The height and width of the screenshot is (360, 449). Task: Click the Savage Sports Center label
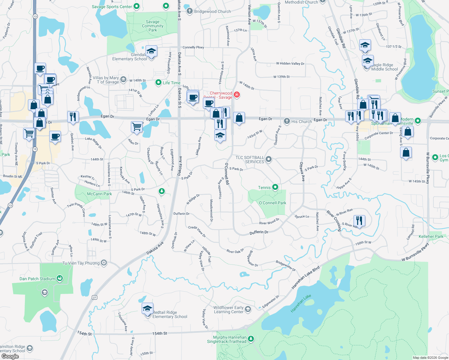(112, 7)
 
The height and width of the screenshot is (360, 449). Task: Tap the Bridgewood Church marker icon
(189, 11)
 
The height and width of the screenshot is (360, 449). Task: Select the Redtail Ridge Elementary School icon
(147, 309)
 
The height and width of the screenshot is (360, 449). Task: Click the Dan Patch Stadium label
(37, 279)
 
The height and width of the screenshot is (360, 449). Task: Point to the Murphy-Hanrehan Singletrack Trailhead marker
(251, 339)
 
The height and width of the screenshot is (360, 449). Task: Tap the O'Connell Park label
(272, 203)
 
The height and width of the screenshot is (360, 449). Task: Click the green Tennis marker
(275, 187)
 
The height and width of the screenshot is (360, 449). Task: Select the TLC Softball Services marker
(269, 159)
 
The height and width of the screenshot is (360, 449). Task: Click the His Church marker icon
(287, 121)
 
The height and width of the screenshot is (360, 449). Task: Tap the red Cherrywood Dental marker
(237, 95)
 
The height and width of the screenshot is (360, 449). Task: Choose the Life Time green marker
(158, 82)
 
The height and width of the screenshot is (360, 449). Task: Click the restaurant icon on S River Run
(359, 221)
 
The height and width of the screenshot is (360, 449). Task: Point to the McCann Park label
(99, 194)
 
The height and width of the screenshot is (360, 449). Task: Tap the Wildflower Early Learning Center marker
(248, 309)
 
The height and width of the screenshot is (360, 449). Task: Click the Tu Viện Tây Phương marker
(104, 263)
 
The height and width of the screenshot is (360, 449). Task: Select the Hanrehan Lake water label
(301, 304)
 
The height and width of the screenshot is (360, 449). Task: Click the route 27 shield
(95, 298)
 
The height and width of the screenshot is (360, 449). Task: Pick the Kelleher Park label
(431, 236)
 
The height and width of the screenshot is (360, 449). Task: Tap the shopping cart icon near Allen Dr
(137, 127)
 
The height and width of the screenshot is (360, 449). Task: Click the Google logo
(10, 356)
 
